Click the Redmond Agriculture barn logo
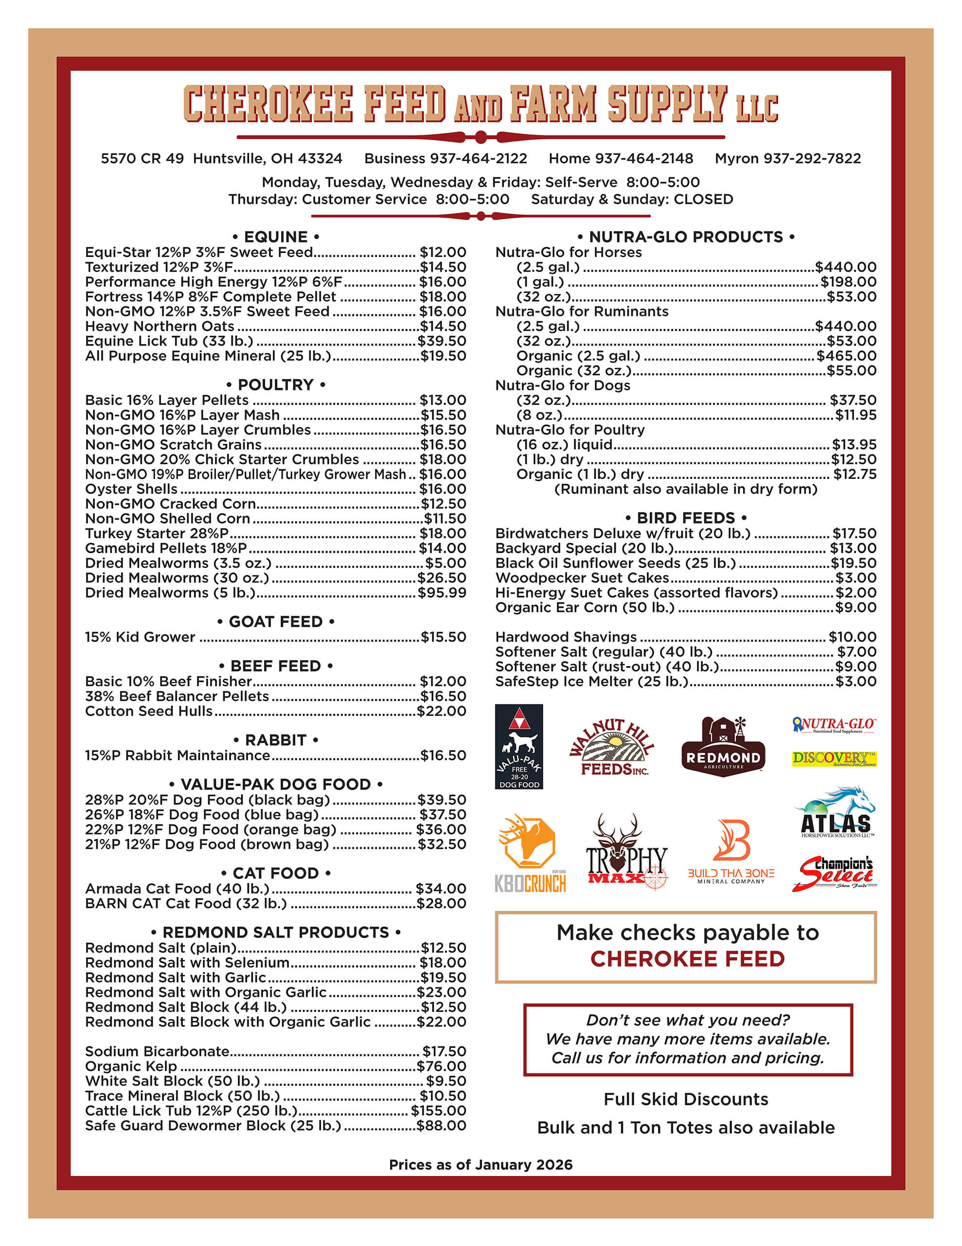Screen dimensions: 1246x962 723,746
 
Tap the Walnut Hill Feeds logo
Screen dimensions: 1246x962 612,747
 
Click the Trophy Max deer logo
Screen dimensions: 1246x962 626,851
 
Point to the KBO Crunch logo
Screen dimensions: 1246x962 530,853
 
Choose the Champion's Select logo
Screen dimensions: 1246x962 834,873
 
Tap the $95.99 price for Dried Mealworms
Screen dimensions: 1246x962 442,593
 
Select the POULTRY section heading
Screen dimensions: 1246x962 275,385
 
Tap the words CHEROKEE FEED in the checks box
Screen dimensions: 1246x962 687,959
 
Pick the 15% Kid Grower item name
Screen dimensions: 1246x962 140,637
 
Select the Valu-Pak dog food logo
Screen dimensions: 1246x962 518,746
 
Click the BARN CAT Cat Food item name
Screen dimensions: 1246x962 186,904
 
